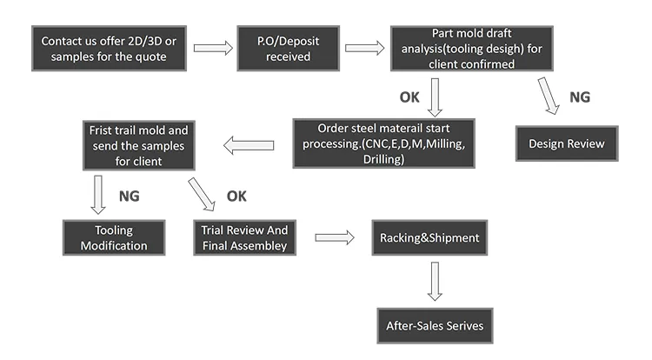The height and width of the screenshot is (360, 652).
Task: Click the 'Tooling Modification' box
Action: click(114, 237)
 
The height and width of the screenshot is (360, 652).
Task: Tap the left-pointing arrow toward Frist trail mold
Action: click(251, 143)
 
